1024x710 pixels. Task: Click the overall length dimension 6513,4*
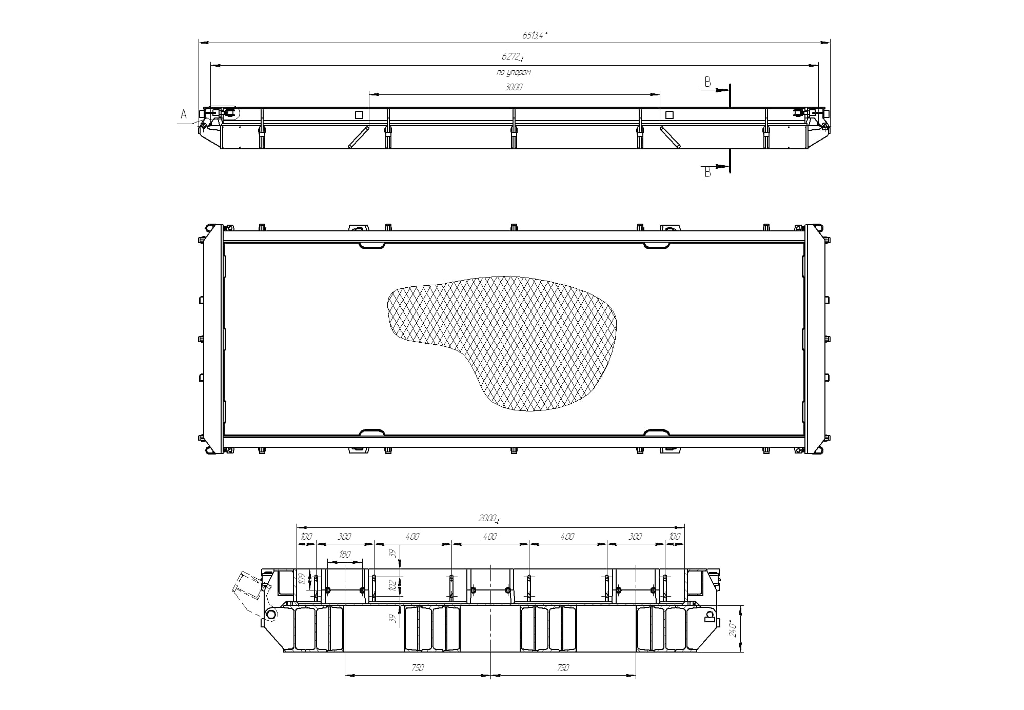pyautogui.click(x=535, y=35)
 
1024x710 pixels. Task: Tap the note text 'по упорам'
pyautogui.click(x=514, y=72)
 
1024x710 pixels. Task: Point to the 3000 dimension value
pyautogui.click(x=513, y=87)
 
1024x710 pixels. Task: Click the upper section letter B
pyautogui.click(x=707, y=82)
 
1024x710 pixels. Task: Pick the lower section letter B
pyautogui.click(x=707, y=172)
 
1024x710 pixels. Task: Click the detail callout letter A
pyautogui.click(x=184, y=114)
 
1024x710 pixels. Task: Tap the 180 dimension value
pyautogui.click(x=345, y=555)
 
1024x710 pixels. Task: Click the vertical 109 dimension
pyautogui.click(x=303, y=579)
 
